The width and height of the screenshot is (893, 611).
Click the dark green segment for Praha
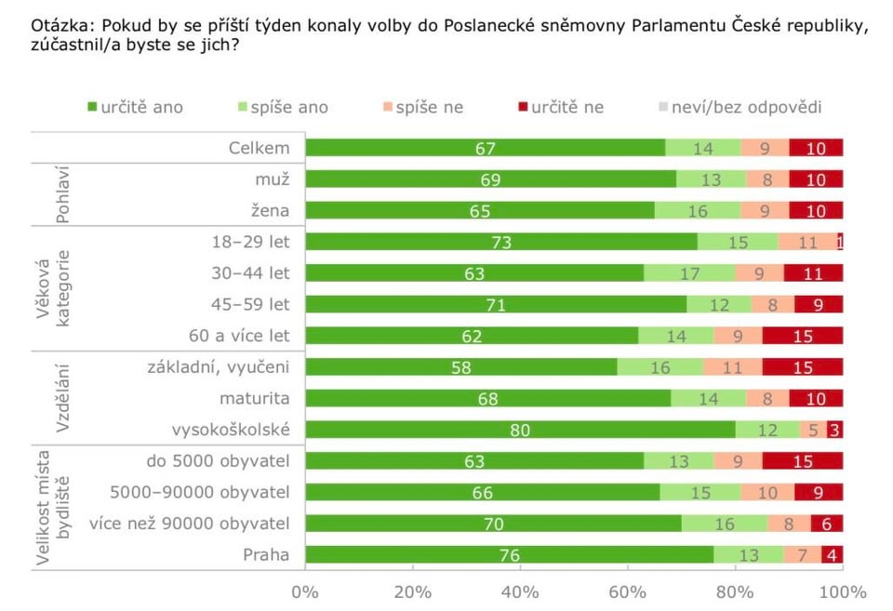pos(509,555)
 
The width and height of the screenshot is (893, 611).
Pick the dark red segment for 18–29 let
pos(840,242)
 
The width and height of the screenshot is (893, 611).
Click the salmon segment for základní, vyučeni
pos(732,367)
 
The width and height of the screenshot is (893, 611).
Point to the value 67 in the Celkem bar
pos(486,148)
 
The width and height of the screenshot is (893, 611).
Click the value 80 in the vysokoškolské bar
pos(519,430)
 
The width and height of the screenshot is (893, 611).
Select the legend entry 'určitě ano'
pos(136,107)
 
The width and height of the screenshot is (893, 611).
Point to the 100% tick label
pos(842,591)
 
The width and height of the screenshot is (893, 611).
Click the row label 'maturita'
pos(255,398)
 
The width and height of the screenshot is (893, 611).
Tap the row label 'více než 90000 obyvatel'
pos(190,524)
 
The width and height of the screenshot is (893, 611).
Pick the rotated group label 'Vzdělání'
pos(64,398)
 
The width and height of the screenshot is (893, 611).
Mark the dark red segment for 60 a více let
pos(802,336)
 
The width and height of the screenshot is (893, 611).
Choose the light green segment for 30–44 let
pos(689,273)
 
